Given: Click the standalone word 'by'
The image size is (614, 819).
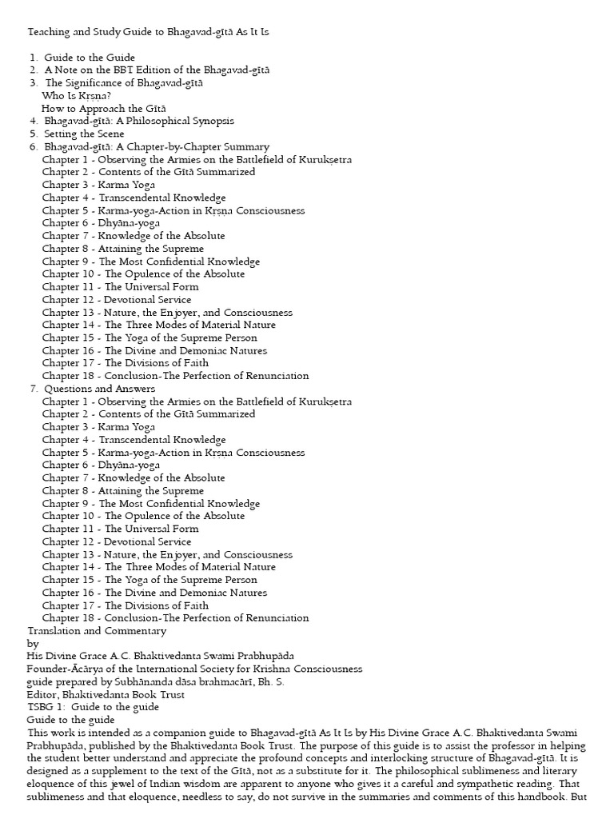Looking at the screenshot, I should (33, 644).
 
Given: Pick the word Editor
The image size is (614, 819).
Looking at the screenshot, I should (44, 695).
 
